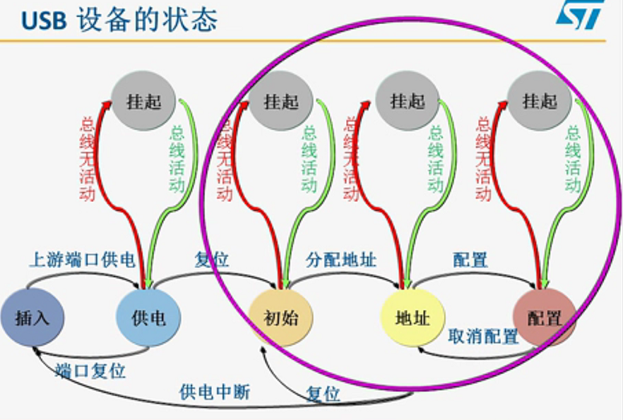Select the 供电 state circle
tap(149, 317)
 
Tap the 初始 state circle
tap(280, 317)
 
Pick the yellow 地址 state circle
tap(412, 317)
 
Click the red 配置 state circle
tap(544, 317)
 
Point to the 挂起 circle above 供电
tap(144, 102)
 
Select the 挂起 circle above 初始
tap(280, 102)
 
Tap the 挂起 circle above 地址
tap(407, 102)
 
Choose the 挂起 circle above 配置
tap(540, 102)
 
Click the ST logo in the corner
tap(580, 15)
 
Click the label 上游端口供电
tap(81, 260)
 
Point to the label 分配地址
tap(341, 260)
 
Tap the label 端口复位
tap(91, 371)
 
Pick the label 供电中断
tap(214, 392)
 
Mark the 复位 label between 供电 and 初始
tap(212, 260)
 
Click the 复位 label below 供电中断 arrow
tap(323, 393)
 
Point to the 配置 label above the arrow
tap(470, 260)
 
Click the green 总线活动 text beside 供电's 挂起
tap(177, 158)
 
